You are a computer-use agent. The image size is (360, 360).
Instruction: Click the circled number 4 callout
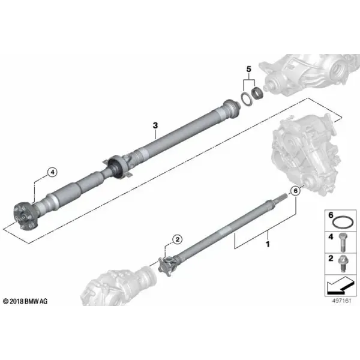tap(52, 172)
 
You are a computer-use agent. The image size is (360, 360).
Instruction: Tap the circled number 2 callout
tap(178, 239)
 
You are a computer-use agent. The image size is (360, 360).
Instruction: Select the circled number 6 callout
tap(295, 191)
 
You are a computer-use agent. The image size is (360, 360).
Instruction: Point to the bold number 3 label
tap(155, 125)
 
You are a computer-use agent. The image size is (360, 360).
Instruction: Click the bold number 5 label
tap(249, 69)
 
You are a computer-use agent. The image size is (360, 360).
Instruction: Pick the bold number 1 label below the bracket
tap(268, 244)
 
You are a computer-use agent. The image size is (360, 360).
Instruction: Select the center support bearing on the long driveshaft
tap(118, 167)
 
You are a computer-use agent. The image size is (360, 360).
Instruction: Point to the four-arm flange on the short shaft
tap(167, 266)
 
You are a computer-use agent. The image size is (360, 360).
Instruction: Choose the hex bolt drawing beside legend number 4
tap(343, 242)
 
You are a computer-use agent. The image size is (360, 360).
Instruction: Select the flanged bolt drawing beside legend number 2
tap(343, 263)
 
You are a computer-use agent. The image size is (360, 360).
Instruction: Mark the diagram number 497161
tap(341, 301)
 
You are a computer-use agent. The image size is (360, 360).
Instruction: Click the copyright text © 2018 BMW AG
tap(25, 301)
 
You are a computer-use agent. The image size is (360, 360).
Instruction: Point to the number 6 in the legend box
tap(331, 215)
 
